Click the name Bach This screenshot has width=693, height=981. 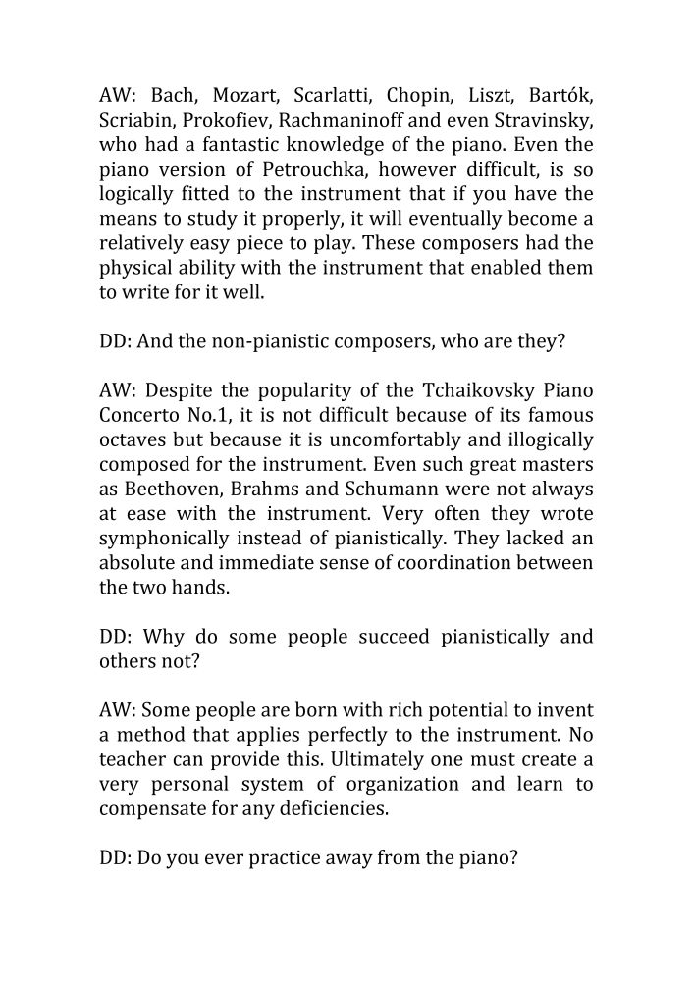click(174, 96)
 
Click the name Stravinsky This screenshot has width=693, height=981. click(542, 121)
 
